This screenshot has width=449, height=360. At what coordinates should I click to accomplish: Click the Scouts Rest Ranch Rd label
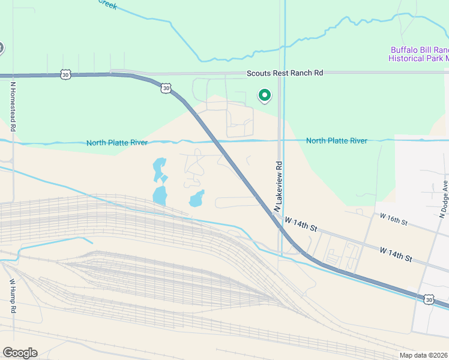tap(285, 73)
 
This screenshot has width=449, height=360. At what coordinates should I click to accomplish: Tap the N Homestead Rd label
tap(12, 107)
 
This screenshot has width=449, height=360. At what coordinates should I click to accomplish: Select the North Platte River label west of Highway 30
tap(116, 142)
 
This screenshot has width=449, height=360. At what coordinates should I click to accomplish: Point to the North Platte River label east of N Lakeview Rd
tap(336, 141)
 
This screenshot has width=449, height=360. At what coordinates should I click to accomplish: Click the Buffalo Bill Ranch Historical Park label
tap(419, 54)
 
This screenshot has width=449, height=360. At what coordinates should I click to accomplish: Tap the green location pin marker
tap(264, 95)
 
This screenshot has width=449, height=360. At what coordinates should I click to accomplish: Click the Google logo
tap(20, 353)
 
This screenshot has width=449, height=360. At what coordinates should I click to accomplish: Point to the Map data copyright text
tap(423, 355)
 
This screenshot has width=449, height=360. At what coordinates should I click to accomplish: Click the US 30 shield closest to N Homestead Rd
tap(65, 74)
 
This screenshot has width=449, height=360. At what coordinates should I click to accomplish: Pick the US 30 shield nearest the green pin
tap(166, 88)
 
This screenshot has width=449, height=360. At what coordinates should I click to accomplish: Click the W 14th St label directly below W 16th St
tap(396, 254)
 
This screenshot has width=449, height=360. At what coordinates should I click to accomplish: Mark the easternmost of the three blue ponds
tap(196, 199)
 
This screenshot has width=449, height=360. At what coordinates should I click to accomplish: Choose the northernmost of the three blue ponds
tap(159, 167)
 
